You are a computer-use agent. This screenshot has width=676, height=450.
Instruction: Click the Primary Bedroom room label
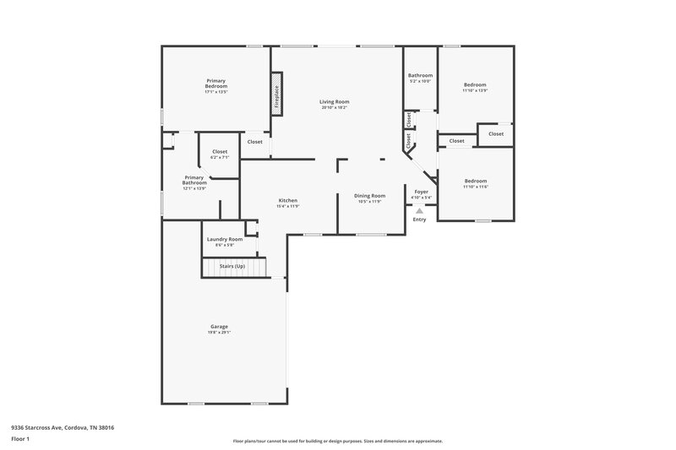coord(215,84)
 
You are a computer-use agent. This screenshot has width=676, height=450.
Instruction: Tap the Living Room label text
coord(335,101)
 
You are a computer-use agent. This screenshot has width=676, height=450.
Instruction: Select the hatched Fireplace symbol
coord(275,93)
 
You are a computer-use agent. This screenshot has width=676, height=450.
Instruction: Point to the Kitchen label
coord(288,200)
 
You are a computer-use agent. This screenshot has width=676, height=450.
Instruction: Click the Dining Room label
coord(369,196)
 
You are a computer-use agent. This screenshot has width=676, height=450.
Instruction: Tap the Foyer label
coord(421,192)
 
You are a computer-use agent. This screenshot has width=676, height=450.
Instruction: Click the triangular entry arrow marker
coord(420,210)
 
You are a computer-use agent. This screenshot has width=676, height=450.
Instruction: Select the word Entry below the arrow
coord(420,220)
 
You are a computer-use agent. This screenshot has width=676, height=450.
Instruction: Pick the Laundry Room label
coord(225,239)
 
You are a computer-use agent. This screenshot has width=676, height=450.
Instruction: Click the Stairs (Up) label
coord(232,266)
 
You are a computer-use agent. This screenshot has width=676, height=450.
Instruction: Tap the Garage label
coord(219,326)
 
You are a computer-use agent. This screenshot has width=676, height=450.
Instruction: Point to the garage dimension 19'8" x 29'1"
coord(219,332)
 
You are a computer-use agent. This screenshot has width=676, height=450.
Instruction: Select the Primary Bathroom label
coord(194,180)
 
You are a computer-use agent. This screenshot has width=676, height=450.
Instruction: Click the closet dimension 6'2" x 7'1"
coord(220,157)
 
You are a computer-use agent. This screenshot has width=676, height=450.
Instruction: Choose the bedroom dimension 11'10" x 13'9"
coord(475,90)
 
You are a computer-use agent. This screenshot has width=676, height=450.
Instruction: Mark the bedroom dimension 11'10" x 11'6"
coord(475,186)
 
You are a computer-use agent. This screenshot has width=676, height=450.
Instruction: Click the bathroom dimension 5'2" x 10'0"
coord(420,81)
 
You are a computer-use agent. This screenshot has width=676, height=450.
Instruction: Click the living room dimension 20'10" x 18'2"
coord(335,107)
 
